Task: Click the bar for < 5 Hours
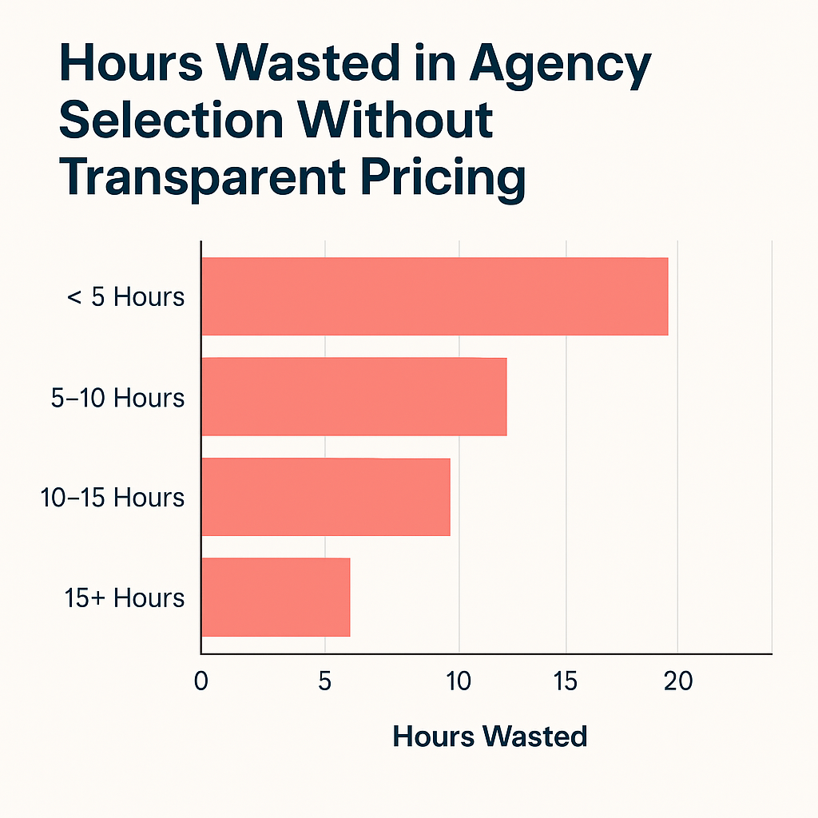(434, 296)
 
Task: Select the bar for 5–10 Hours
(353, 397)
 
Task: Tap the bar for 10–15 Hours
(325, 497)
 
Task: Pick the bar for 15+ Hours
(275, 598)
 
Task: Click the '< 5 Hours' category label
(126, 297)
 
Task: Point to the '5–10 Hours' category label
(117, 398)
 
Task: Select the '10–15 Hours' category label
(113, 498)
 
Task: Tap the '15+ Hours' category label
(124, 598)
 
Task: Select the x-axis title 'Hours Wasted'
(490, 736)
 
